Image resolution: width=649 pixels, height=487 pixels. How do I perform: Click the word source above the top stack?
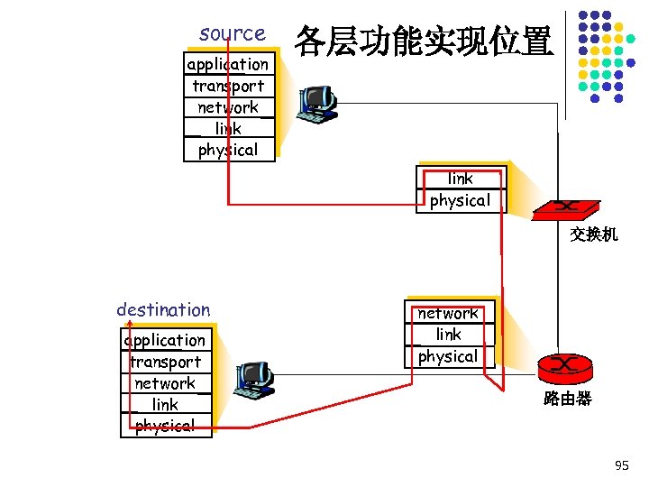(x=232, y=33)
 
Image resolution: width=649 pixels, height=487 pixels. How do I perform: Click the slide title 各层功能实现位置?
(x=423, y=40)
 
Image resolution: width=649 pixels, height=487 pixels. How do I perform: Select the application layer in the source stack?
(x=228, y=64)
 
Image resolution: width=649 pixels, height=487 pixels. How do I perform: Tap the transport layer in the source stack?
(x=228, y=86)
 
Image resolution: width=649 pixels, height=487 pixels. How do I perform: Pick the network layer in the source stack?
(x=228, y=107)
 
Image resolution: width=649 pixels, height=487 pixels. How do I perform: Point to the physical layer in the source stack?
(x=228, y=150)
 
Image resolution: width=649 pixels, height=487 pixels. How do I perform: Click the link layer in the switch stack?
(x=460, y=179)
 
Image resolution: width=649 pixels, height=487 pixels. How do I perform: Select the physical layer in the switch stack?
(x=460, y=200)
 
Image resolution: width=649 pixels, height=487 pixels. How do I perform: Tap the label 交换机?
(x=593, y=234)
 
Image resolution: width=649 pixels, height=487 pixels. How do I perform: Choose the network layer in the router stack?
(x=448, y=314)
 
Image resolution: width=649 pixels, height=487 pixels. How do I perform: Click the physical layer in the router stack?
(x=448, y=356)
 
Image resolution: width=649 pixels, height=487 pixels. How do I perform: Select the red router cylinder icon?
(x=565, y=366)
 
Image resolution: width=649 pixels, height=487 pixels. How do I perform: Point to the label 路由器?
(x=567, y=399)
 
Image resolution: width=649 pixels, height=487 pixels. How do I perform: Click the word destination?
(x=163, y=309)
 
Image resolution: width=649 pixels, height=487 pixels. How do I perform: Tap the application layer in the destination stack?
(x=165, y=340)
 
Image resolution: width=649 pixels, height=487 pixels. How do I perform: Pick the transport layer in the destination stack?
(x=165, y=362)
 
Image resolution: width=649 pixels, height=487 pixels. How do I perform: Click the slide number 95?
(x=621, y=465)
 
